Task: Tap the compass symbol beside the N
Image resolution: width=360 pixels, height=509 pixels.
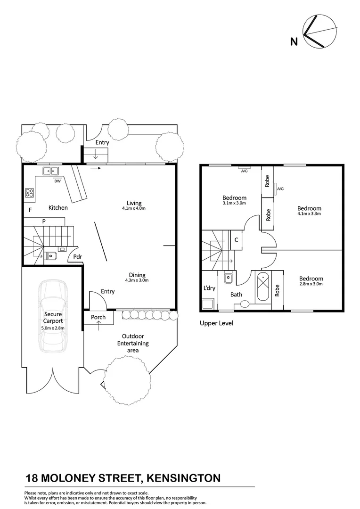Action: [320, 32]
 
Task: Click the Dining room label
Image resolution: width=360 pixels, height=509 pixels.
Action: [137, 275]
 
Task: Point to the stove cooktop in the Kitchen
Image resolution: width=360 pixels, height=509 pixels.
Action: [29, 192]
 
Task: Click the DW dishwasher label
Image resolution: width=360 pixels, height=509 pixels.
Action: [57, 181]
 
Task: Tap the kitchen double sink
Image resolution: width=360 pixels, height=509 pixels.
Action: [50, 171]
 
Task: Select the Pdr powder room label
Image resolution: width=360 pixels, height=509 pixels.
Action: [77, 256]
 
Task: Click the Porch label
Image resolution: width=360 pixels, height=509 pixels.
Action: [98, 317]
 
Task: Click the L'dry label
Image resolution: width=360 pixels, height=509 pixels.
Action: [209, 288]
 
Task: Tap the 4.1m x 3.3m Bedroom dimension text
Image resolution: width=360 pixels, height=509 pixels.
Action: [309, 214]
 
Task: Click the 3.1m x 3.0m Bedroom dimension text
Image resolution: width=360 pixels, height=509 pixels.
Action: [234, 204]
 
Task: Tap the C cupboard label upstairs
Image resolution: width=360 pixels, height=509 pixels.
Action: [236, 239]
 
